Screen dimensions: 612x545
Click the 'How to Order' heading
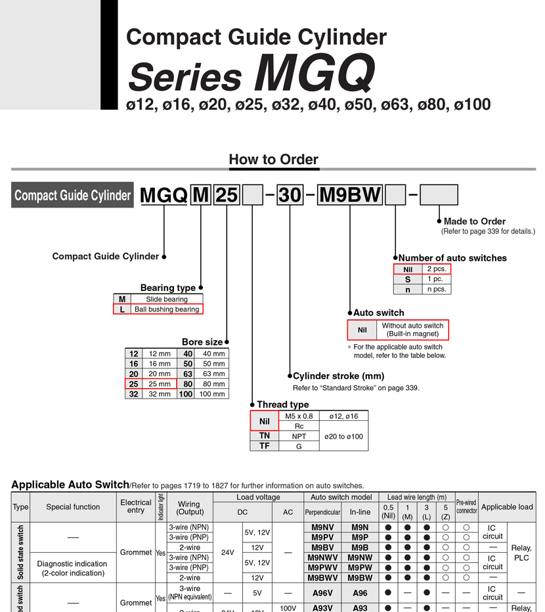pyautogui.click(x=273, y=160)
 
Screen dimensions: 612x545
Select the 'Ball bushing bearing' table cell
pyautogui.click(x=166, y=309)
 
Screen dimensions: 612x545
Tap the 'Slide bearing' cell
pyautogui.click(x=166, y=299)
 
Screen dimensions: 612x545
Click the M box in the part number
pyautogui.click(x=200, y=196)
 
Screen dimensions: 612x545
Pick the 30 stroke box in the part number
pyautogui.click(x=290, y=196)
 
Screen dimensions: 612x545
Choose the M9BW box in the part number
pyautogui.click(x=350, y=196)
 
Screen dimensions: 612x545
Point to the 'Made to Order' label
pyautogui.click(x=474, y=221)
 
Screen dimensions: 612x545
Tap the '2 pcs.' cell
pyautogui.click(x=435, y=269)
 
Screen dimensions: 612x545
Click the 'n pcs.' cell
pyautogui.click(x=435, y=289)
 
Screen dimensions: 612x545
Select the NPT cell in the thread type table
pyautogui.click(x=299, y=436)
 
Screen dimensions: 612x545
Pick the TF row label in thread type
pyautogui.click(x=264, y=446)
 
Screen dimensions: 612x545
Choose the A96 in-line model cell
pyautogui.click(x=360, y=593)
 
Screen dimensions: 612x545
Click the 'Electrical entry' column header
pyautogui.click(x=136, y=507)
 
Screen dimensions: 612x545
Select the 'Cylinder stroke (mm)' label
pyautogui.click(x=338, y=376)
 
